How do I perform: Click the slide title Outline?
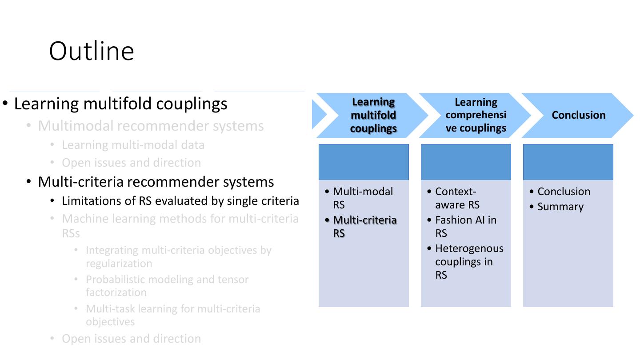[x=92, y=51]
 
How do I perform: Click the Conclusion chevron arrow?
[x=578, y=115]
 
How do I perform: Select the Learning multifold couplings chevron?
[x=373, y=115]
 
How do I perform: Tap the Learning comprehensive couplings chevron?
[x=476, y=115]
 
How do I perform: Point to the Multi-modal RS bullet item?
[x=363, y=198]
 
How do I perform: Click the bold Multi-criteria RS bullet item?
[x=364, y=226]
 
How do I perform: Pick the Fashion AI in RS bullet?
[x=465, y=226]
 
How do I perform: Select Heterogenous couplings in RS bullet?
[x=469, y=261]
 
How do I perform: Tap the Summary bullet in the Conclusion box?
[x=560, y=207]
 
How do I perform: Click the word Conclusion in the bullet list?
[x=564, y=192]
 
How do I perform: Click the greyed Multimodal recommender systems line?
[x=151, y=126]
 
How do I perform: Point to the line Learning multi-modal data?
[x=133, y=145]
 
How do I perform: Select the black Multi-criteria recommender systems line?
[x=156, y=182]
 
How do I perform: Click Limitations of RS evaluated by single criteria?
[x=180, y=201]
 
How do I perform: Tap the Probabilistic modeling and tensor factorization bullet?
[x=167, y=286]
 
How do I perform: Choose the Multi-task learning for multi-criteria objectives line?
[x=172, y=315]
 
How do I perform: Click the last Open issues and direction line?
[x=131, y=339]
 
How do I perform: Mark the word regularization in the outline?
[x=119, y=264]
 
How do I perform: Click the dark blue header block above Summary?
[x=568, y=162]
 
